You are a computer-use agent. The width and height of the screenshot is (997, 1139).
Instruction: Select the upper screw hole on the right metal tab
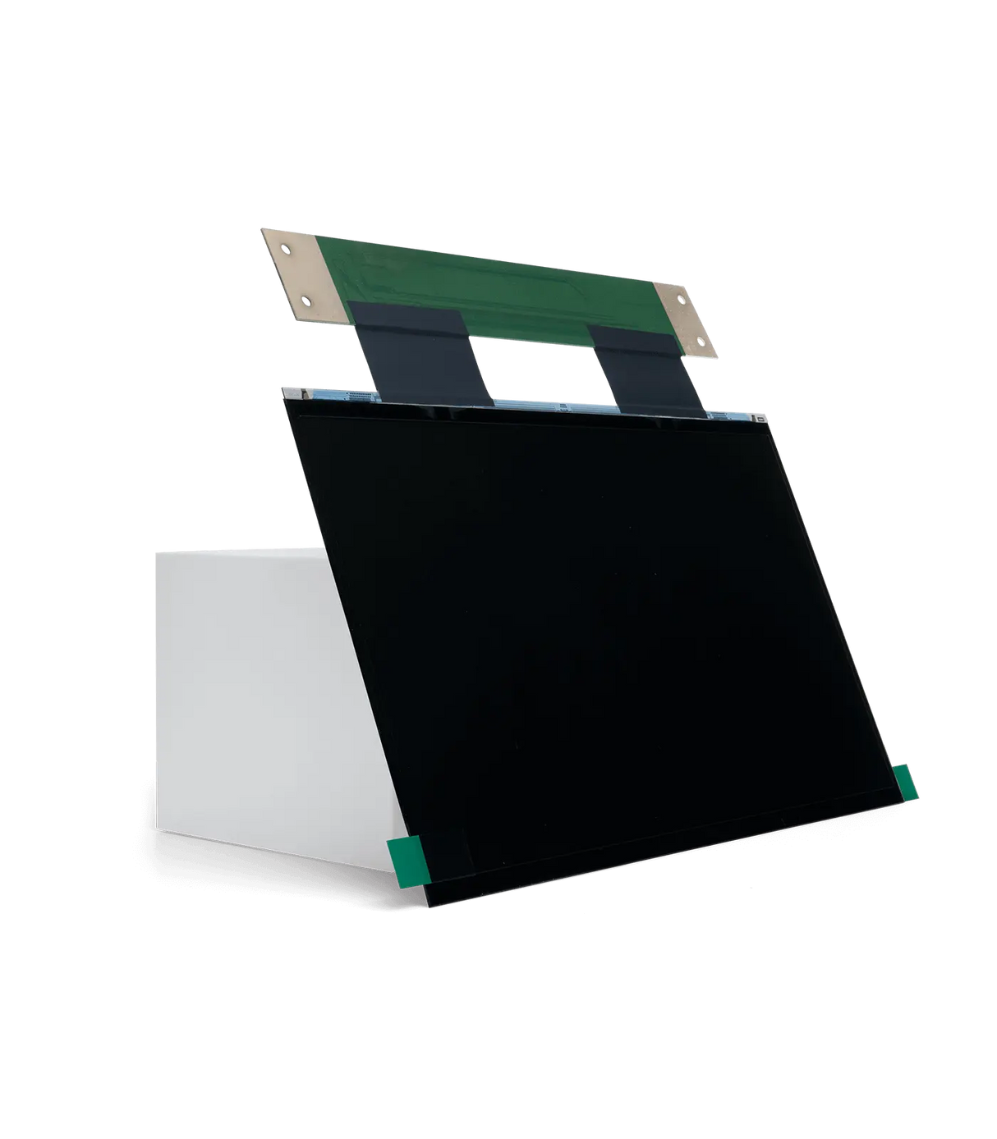(681, 298)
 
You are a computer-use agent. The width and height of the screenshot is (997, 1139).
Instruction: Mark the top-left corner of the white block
(154, 553)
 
